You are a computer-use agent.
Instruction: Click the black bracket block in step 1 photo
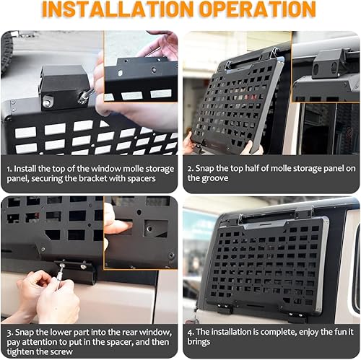click(x=64, y=85)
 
